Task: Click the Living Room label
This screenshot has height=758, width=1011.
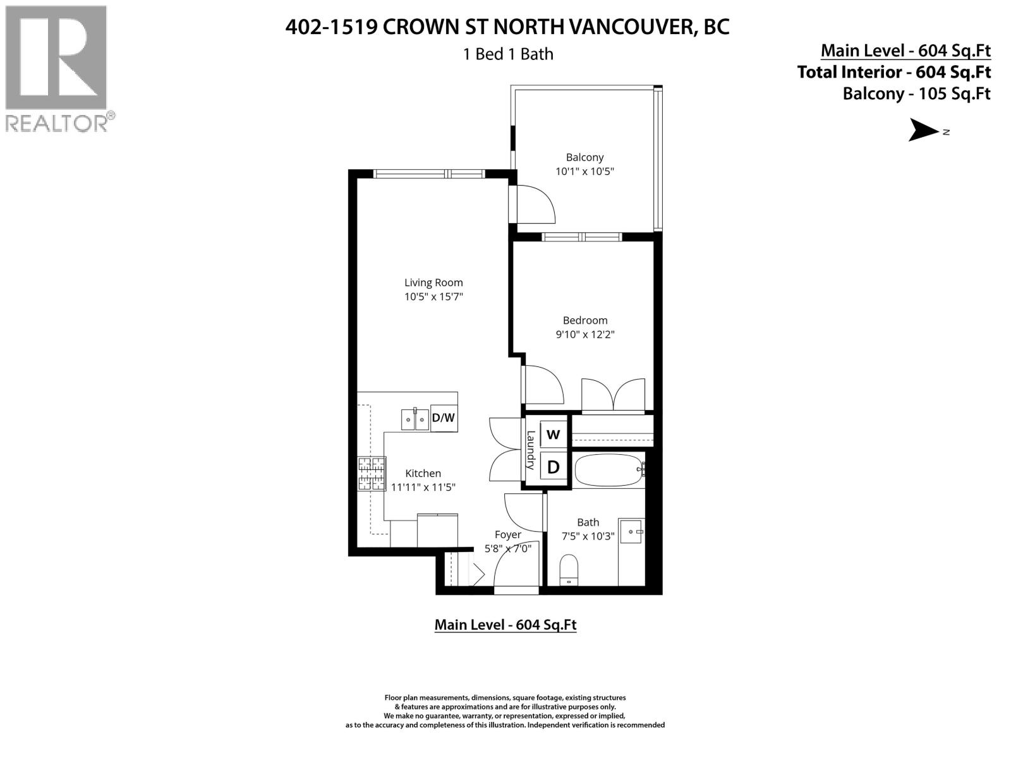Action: [433, 282]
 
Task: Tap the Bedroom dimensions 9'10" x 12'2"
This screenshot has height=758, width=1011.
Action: [585, 334]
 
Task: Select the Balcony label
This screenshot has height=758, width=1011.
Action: [584, 157]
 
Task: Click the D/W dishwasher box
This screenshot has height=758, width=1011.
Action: [444, 418]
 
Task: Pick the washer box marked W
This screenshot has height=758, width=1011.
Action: [554, 435]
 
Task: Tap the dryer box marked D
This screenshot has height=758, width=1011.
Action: [554, 467]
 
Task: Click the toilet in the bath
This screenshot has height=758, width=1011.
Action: [569, 569]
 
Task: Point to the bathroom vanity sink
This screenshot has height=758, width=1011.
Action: [631, 532]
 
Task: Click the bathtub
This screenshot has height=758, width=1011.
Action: [608, 471]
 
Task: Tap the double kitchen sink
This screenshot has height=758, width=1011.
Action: [415, 419]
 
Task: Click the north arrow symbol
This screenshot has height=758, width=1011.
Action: [924, 131]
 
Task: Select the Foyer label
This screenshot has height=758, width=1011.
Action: [508, 534]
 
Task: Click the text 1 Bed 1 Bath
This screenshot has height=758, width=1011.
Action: [508, 54]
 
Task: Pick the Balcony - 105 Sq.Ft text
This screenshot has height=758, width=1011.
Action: [916, 93]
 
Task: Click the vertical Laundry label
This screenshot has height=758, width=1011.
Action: [531, 450]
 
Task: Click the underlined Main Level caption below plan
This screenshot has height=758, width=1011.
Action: [505, 625]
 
